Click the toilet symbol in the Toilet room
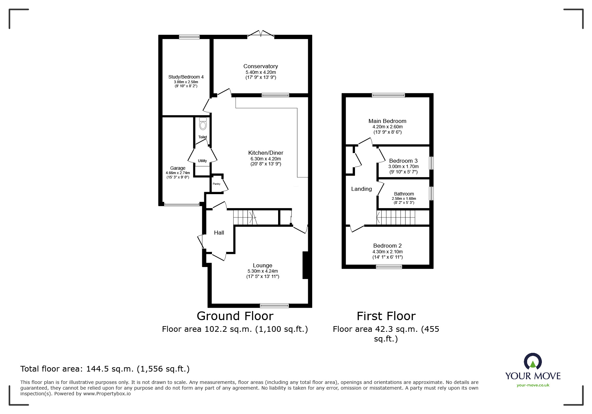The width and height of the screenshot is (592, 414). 203,125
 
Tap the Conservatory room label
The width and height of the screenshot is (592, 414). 260,66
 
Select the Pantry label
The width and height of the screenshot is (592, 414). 216,184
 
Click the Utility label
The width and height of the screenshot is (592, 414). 202,161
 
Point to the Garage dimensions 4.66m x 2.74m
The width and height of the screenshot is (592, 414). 178,173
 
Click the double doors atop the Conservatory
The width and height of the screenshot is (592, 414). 261,34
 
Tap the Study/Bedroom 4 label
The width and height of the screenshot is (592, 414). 186,77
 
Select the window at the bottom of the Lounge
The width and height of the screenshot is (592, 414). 274,305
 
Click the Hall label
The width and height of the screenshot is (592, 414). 219,233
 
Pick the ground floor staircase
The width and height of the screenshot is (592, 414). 243,218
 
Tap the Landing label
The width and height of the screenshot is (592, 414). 361,189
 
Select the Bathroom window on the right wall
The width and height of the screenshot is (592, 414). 431,193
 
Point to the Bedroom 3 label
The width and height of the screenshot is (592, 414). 403,161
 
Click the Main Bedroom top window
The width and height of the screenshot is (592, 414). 388,95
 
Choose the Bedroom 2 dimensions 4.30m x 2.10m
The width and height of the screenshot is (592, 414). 387,252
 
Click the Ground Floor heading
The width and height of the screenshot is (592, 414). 235,316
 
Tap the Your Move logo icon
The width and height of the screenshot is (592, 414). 532,362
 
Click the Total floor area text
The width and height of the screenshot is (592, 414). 105,369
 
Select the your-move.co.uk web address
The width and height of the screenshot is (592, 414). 533,385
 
